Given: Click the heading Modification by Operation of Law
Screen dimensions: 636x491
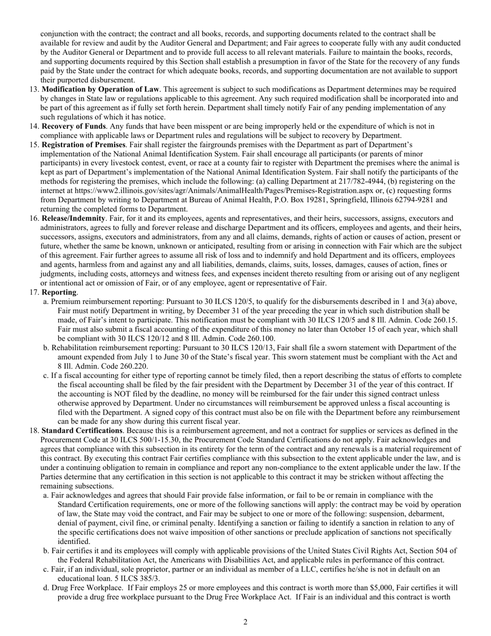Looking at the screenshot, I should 100,89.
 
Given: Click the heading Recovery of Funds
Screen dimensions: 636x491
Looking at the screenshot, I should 74,126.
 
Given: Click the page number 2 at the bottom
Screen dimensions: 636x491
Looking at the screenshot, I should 245,622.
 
